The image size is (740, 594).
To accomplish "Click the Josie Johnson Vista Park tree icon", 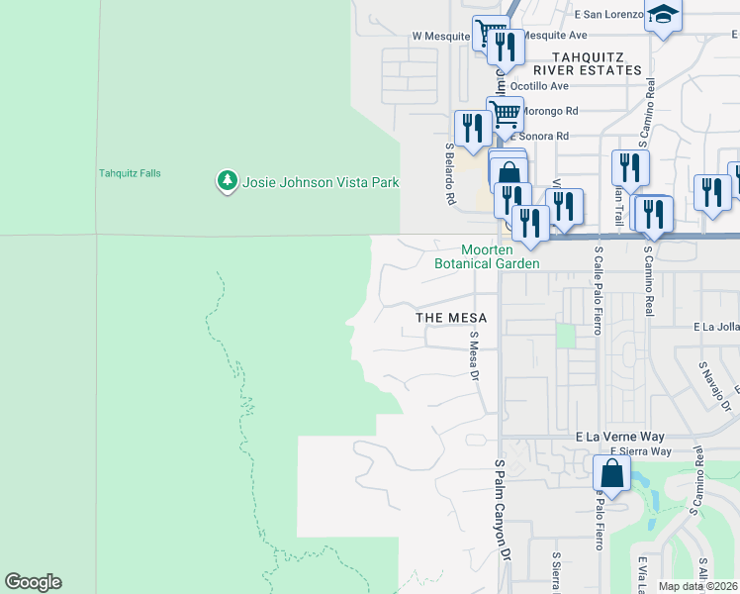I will click(x=228, y=181).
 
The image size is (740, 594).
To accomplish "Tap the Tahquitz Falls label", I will click(x=130, y=173).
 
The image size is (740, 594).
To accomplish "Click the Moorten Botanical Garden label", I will click(x=487, y=257).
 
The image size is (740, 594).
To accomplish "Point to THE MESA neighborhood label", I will click(x=451, y=318).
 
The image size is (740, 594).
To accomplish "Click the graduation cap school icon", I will click(x=663, y=16).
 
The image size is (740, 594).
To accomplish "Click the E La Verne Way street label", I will click(x=619, y=437).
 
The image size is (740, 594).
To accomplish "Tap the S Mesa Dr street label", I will click(x=475, y=356).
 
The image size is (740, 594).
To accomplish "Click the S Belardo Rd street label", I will click(x=450, y=172).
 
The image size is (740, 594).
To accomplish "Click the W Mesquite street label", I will click(x=442, y=36).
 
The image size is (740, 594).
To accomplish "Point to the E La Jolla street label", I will click(x=716, y=326).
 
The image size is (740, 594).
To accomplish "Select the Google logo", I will click(x=33, y=582).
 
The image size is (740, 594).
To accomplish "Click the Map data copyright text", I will click(x=697, y=586).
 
